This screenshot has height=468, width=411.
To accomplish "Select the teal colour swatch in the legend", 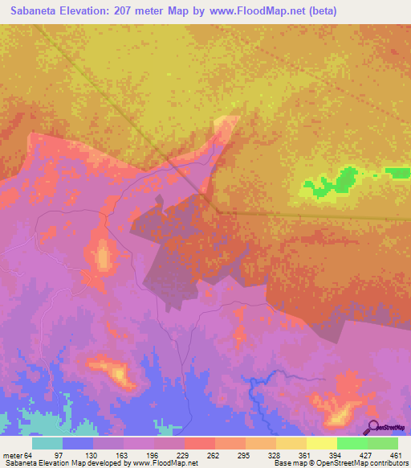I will (x=47, y=443).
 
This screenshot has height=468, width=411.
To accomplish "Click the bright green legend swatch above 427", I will (x=352, y=443).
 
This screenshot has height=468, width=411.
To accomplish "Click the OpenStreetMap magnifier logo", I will (x=372, y=429).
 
